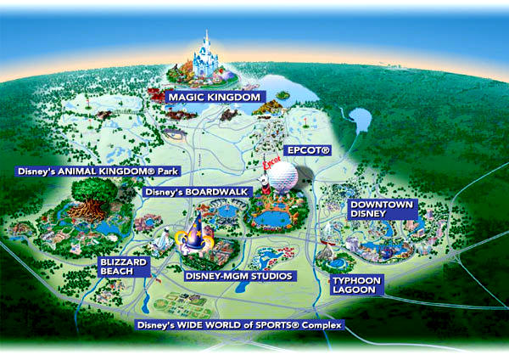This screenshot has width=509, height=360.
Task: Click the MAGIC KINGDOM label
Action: [x=214, y=97]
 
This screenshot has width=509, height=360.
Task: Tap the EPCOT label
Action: [x=307, y=149]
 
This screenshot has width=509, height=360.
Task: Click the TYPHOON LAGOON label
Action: [x=357, y=284]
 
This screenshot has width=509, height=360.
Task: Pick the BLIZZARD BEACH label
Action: [x=124, y=267]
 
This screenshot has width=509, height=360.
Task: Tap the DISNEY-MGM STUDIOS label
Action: [x=238, y=276]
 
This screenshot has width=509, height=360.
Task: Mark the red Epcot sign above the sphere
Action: [x=271, y=160]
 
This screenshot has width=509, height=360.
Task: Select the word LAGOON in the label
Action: [x=357, y=290]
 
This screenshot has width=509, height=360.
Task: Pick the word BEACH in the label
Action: [x=124, y=273]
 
